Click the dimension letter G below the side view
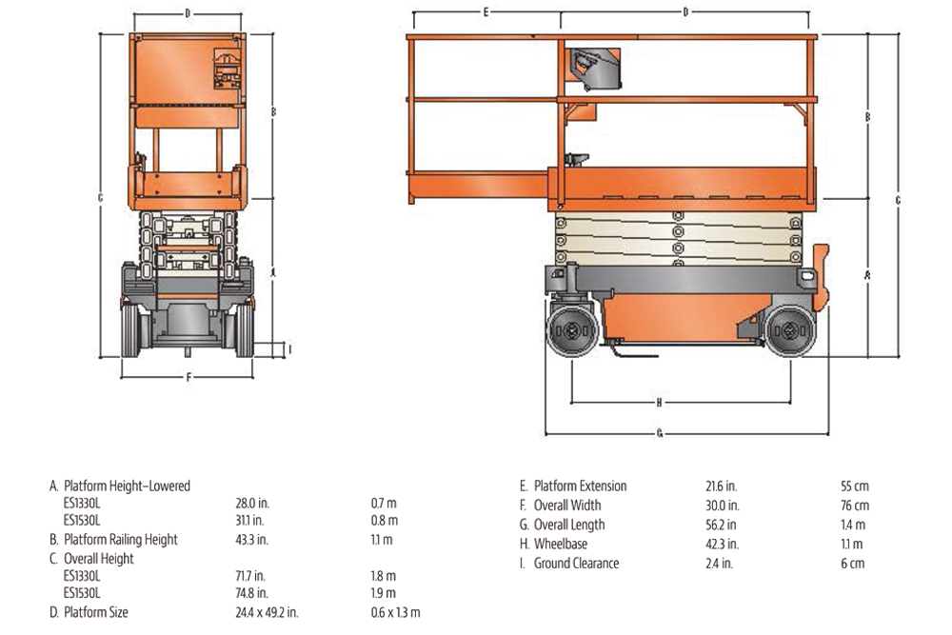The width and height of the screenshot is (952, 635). (660, 433)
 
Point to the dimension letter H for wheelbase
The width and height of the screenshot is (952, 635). (659, 402)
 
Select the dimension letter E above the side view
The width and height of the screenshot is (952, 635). (486, 12)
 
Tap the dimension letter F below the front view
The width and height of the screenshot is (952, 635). (188, 377)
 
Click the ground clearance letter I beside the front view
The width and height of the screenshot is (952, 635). (290, 349)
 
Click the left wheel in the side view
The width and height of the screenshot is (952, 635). (572, 330)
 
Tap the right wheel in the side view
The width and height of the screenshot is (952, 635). (789, 330)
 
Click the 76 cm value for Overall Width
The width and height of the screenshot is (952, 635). (854, 506)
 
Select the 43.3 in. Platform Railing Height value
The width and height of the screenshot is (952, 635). (250, 540)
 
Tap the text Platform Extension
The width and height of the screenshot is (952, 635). (580, 486)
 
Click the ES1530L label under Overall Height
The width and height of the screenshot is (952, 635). (82, 594)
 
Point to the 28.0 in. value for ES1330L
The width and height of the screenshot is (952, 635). (250, 504)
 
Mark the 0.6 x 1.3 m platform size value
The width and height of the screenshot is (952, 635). (394, 612)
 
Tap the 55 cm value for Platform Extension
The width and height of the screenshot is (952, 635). (854, 486)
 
